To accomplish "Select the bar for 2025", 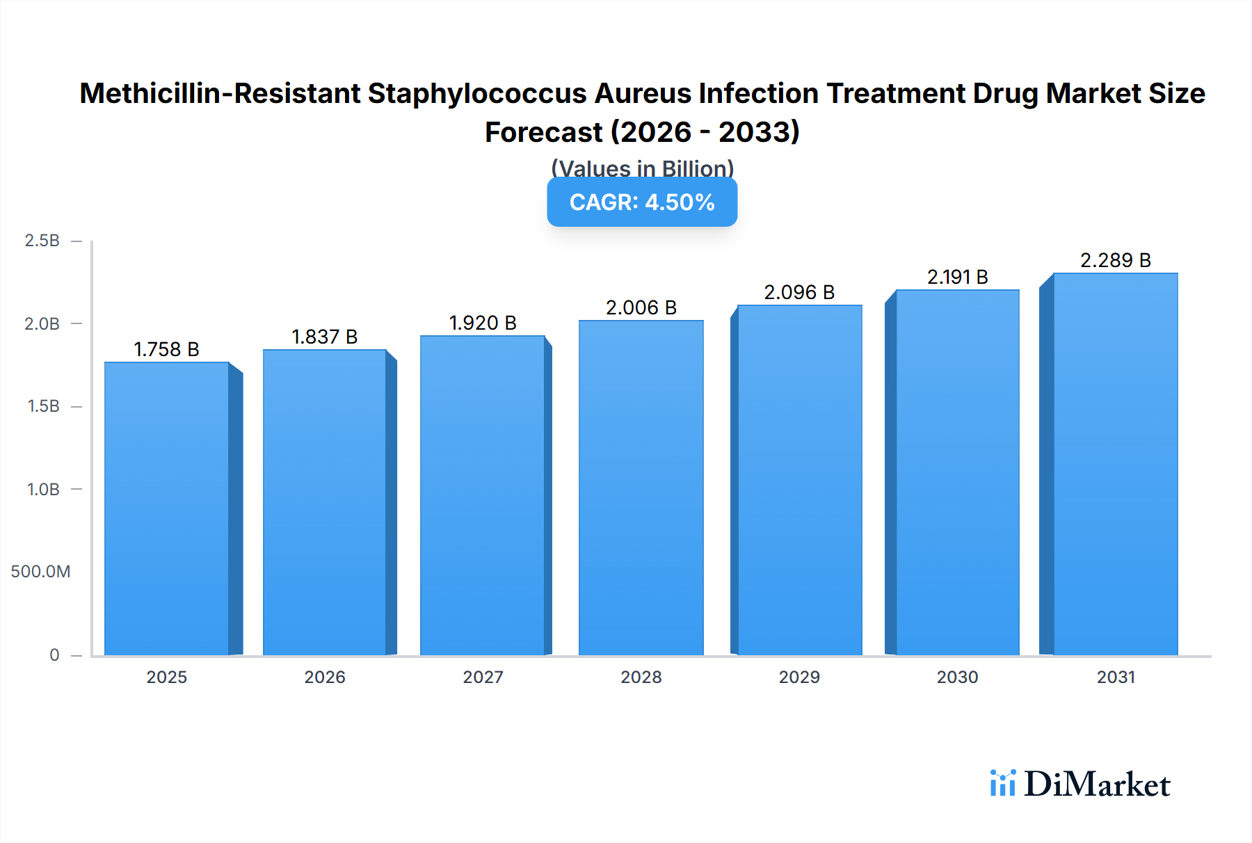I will [167, 508].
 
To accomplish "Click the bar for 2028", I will [641, 487].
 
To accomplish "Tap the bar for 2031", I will [1116, 464].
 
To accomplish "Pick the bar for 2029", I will [799, 480].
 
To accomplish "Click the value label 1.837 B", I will [324, 337].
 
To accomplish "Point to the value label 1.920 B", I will [483, 323].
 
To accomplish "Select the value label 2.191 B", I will [957, 278].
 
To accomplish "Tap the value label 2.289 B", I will [1115, 261].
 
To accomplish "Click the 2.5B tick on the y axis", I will [42, 241].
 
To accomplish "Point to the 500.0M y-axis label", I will [40, 572].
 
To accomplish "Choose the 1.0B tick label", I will [43, 490].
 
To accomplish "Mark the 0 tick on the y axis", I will [54, 655].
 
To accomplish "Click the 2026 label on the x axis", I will [325, 677].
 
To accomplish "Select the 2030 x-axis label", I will [957, 677].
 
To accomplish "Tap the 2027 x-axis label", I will [483, 677].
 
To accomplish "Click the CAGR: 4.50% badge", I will [642, 202].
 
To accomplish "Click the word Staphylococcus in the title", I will [477, 93].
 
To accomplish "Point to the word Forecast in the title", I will [543, 132].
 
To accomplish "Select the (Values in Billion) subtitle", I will [642, 168].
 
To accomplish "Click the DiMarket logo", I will [1080, 784].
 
